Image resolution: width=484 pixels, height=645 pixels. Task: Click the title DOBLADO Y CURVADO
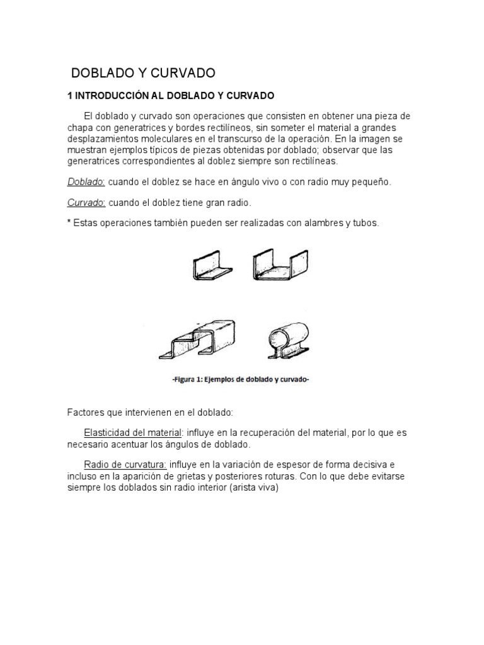coord(143,73)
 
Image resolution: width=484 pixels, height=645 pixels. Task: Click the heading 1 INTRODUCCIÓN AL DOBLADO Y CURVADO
coord(171,96)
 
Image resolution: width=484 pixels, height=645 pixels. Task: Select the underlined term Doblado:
coord(86,182)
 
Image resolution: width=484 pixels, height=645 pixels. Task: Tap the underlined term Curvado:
coord(86,203)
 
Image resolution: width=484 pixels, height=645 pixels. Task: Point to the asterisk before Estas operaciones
coord(69,224)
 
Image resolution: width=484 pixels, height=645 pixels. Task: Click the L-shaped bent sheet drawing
coord(211,265)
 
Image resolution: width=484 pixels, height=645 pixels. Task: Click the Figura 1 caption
coord(240,379)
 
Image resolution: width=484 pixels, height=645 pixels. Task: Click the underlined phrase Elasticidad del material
coord(133,434)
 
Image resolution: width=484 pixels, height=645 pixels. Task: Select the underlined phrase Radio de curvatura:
coord(125,465)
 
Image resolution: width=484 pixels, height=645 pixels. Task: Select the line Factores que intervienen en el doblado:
coord(150,413)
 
